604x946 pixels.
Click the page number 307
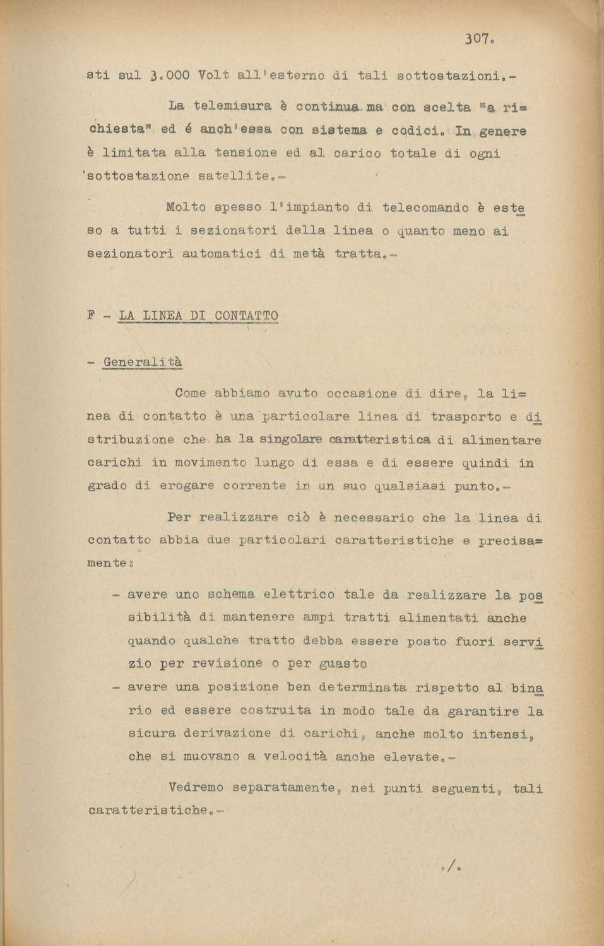click(x=477, y=39)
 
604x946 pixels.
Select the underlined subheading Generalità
click(x=143, y=363)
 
